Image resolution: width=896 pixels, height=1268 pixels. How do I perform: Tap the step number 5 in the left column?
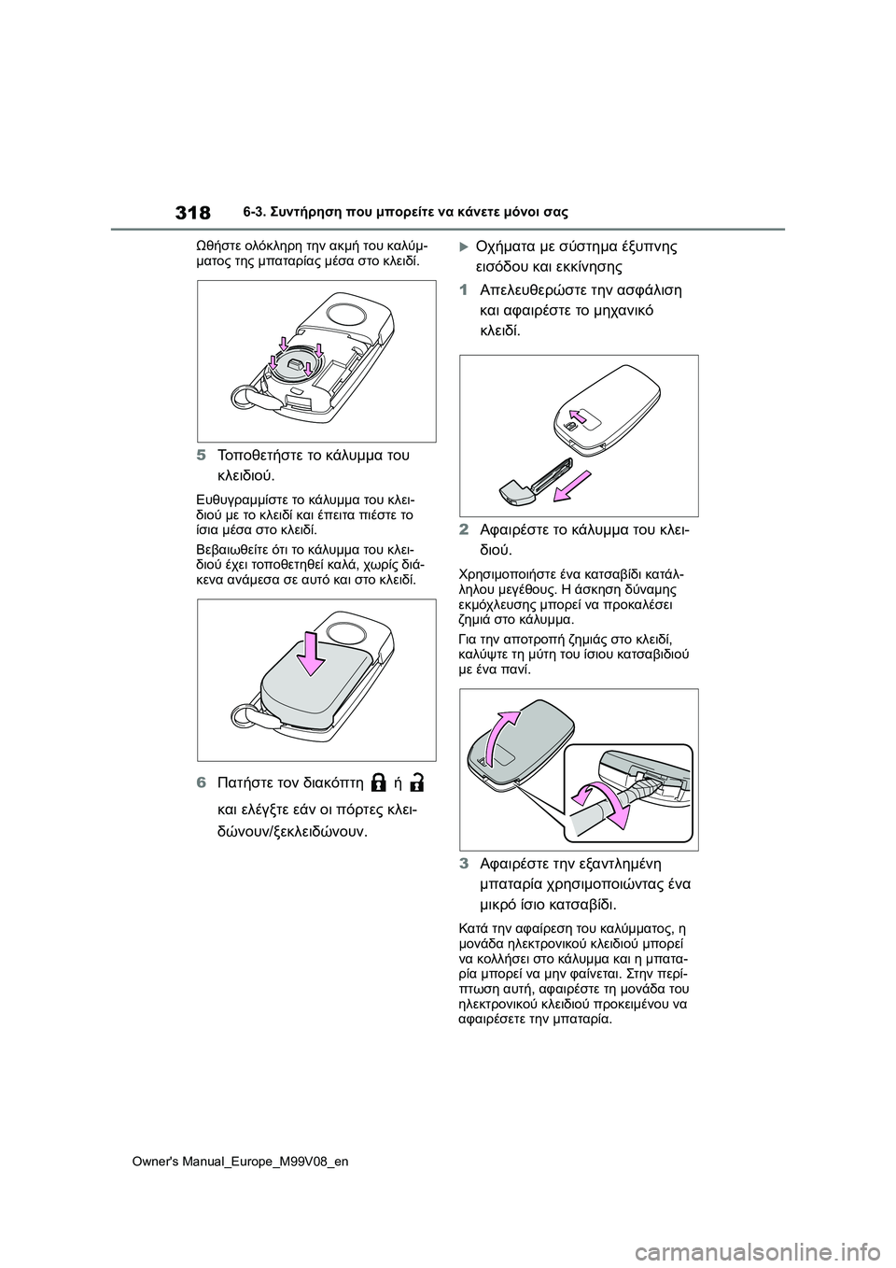pos(201,457)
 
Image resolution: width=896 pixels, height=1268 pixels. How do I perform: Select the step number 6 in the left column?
pos(201,781)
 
